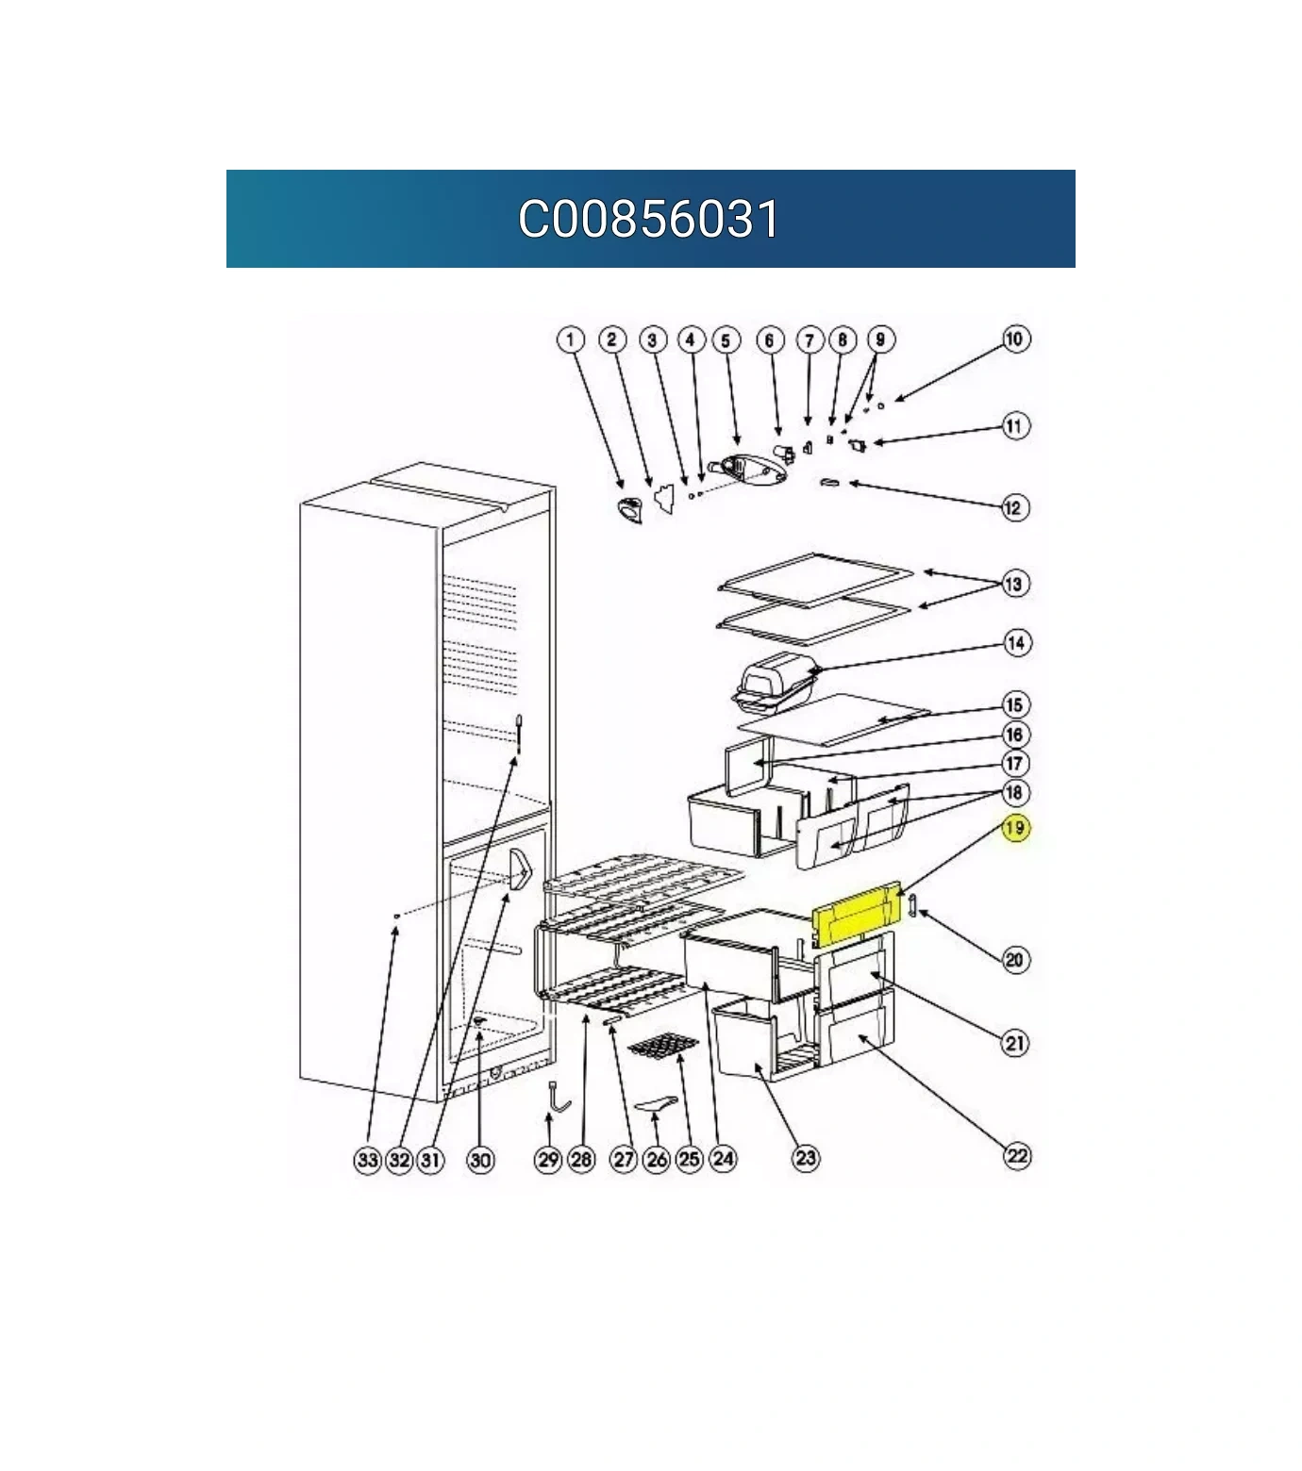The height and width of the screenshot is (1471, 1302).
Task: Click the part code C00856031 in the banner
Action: (649, 219)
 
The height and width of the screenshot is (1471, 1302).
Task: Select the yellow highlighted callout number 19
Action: (1015, 828)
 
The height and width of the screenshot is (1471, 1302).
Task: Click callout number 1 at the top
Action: (571, 339)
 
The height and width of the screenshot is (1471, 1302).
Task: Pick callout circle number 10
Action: (1015, 339)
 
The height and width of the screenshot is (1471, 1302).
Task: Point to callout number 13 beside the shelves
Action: (1014, 584)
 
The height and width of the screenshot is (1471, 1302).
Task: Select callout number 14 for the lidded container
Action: (1015, 643)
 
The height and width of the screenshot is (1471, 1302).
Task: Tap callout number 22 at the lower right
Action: (1016, 1156)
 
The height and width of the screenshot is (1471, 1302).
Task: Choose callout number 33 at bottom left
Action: (367, 1159)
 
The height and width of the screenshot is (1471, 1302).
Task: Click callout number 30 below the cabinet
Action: (480, 1159)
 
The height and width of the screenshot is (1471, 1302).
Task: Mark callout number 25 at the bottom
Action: (690, 1159)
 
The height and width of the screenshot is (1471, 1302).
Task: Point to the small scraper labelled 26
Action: (658, 1103)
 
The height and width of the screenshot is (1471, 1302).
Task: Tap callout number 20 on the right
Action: (1015, 960)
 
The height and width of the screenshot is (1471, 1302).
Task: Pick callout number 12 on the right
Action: (1014, 507)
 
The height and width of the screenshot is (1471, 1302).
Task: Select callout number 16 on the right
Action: (1015, 735)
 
